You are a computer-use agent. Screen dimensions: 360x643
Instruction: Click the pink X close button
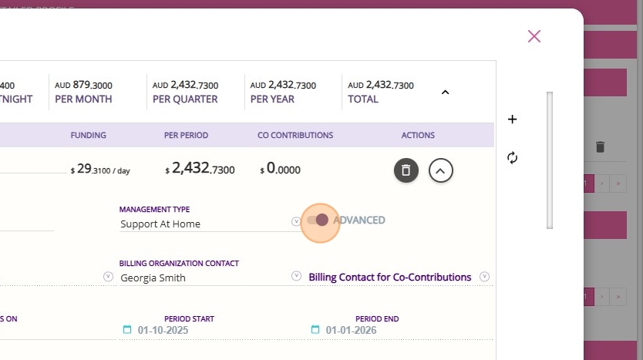tap(534, 36)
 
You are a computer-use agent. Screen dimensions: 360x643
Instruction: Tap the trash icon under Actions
tap(406, 170)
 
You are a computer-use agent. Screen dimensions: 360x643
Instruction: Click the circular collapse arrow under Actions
tap(440, 170)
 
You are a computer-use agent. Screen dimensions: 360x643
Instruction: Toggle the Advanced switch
tap(317, 220)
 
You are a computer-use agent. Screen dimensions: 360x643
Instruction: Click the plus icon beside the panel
tap(513, 119)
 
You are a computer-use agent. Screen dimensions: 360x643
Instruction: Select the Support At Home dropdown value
tap(160, 224)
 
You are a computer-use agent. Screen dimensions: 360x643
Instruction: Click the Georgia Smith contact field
tap(153, 278)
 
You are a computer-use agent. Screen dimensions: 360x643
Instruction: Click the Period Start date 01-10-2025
tap(163, 330)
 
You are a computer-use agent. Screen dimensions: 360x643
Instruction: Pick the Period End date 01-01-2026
tap(351, 330)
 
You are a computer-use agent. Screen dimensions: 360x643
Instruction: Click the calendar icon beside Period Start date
tap(127, 330)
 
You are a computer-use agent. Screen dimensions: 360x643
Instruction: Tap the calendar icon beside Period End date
tap(315, 330)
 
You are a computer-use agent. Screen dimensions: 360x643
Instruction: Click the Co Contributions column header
tap(295, 135)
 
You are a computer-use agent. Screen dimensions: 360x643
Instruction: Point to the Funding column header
tap(88, 135)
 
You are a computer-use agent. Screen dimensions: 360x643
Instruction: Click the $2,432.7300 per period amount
tap(200, 169)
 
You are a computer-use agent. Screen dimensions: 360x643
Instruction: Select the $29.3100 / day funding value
tap(100, 170)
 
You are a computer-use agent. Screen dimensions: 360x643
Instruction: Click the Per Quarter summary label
tap(185, 99)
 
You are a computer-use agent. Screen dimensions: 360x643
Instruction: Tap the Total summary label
tap(363, 99)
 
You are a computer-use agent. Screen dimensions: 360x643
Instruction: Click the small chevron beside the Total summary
tap(445, 92)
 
